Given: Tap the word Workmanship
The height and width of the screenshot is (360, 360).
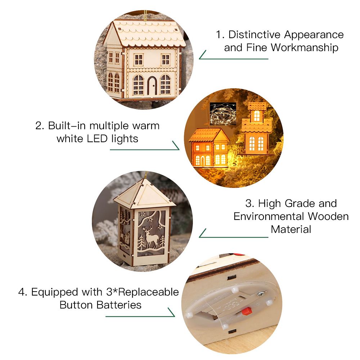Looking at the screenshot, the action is coord(305,48).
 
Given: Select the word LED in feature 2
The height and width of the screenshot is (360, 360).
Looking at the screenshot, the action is coord(97,139).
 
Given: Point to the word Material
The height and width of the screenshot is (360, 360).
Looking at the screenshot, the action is coord(291,229).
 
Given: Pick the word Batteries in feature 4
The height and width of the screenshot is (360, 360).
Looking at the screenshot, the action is coord(119,305).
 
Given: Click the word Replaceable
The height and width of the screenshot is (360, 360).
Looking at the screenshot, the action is coord(149,292).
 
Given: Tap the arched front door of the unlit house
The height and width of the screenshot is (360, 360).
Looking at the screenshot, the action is coord(152,86).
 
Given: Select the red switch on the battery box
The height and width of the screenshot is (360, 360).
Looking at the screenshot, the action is coord(247,311).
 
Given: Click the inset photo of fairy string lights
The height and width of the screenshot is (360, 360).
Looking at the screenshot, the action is coord(223,114).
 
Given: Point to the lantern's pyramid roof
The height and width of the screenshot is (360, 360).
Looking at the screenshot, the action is coord(144,193).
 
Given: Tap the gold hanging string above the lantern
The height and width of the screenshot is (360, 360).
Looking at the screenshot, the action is coord(145,175).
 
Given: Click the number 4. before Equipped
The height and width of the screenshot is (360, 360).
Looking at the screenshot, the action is coord(23,292).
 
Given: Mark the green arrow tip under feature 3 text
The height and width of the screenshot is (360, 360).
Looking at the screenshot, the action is coord(199,237).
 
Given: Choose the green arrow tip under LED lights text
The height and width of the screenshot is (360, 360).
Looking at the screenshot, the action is coord(179,149).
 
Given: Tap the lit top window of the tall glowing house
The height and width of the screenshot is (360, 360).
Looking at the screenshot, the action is coord(257,116).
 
